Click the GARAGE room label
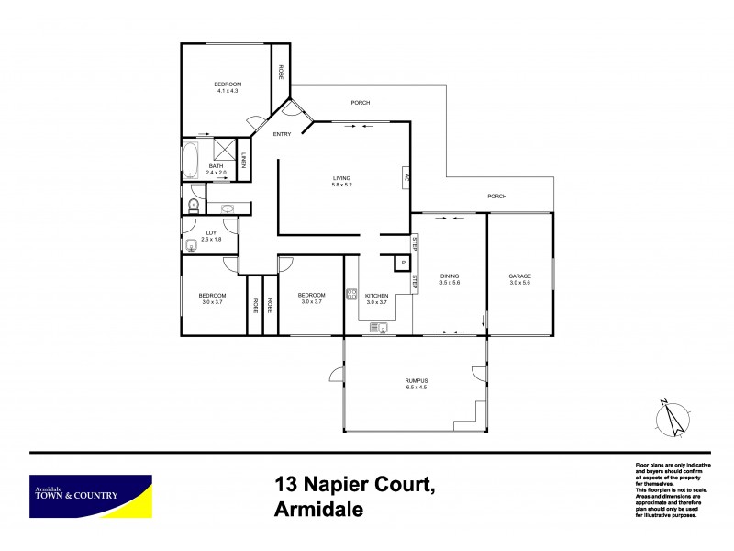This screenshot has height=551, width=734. (x=520, y=275)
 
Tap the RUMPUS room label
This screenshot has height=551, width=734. (x=417, y=380)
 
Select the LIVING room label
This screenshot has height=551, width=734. (x=342, y=178)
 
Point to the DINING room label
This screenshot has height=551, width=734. (x=450, y=275)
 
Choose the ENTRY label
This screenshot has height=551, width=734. (x=282, y=135)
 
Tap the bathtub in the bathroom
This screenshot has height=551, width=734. (x=191, y=161)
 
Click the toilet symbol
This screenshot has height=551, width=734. (x=194, y=206)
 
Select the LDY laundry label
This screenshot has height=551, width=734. (x=211, y=233)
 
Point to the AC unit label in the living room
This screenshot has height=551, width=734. (x=406, y=177)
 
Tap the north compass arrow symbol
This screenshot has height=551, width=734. (x=673, y=418)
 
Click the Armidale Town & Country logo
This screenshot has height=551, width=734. (x=90, y=497)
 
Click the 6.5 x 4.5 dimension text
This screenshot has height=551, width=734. (x=417, y=388)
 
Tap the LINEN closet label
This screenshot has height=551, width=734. (x=245, y=163)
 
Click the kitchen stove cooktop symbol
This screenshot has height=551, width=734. (x=350, y=296)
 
